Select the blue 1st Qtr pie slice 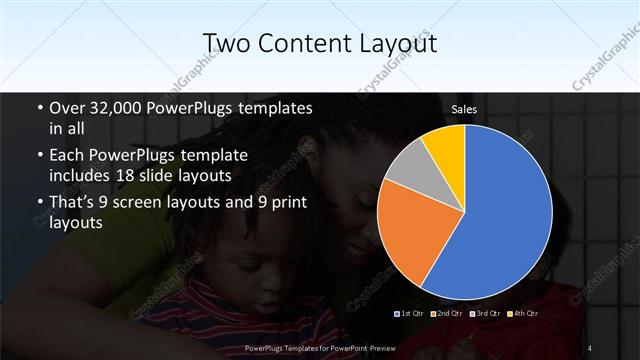click(505, 215)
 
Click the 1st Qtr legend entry click(411, 313)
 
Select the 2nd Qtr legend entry click(447, 313)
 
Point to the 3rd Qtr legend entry click(484, 313)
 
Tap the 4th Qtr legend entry click(521, 313)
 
